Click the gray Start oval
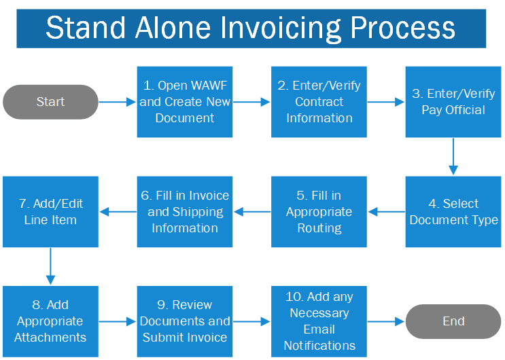pyautogui.click(x=50, y=102)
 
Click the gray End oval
pyautogui.click(x=453, y=321)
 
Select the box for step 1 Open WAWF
pyautogui.click(x=185, y=102)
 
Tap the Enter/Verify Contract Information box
pyautogui.click(x=319, y=102)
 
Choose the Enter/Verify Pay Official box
pyautogui.click(x=453, y=102)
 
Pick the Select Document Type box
pyautogui.click(x=453, y=212)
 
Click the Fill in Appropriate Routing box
pyautogui.click(x=319, y=212)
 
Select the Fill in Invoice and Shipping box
pyautogui.click(x=185, y=212)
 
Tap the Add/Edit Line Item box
pyautogui.click(x=50, y=212)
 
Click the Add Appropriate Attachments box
pyautogui.click(x=50, y=321)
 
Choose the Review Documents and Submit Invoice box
pyautogui.click(x=185, y=321)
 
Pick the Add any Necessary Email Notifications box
pyautogui.click(x=319, y=321)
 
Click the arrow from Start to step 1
pyautogui.click(x=118, y=102)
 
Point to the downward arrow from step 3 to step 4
pyautogui.click(x=453, y=157)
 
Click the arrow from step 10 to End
pyautogui.click(x=386, y=321)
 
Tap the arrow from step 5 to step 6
pyautogui.click(x=252, y=212)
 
